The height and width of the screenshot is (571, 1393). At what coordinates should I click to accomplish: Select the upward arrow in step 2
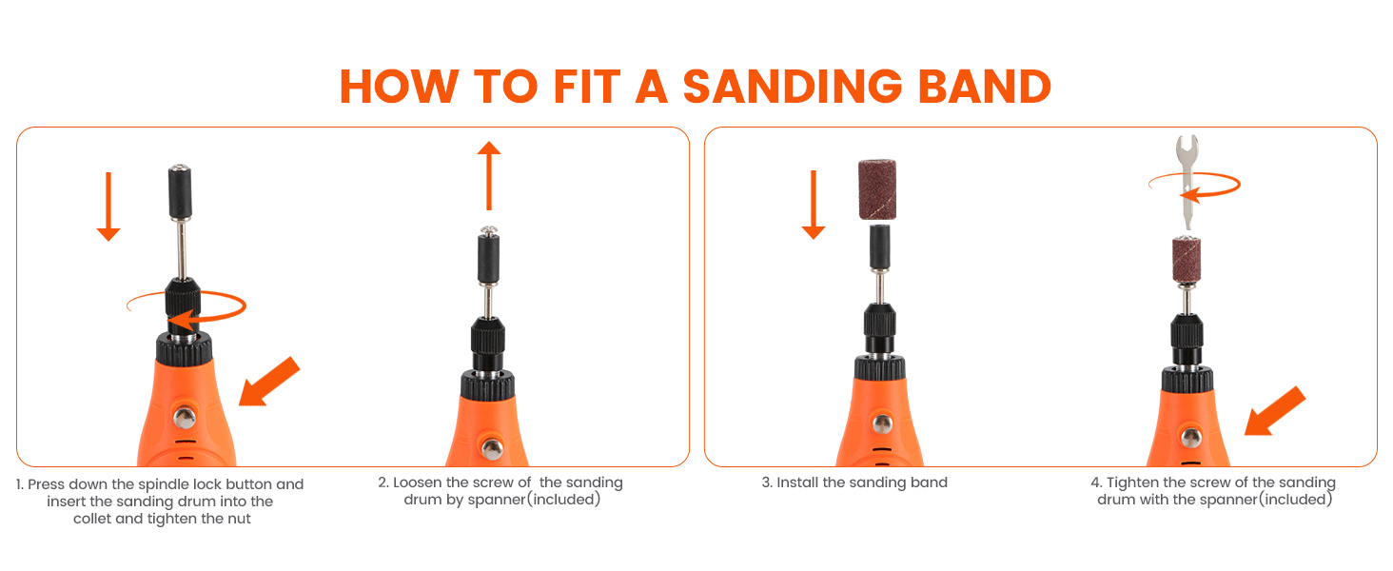(x=488, y=175)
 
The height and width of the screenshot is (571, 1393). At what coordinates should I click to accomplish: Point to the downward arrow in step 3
(x=813, y=205)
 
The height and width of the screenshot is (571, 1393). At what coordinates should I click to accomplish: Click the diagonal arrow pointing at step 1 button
(x=268, y=382)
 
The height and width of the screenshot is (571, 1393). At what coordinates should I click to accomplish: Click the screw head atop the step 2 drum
(x=488, y=230)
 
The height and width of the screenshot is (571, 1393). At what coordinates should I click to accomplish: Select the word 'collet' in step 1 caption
(x=94, y=519)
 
